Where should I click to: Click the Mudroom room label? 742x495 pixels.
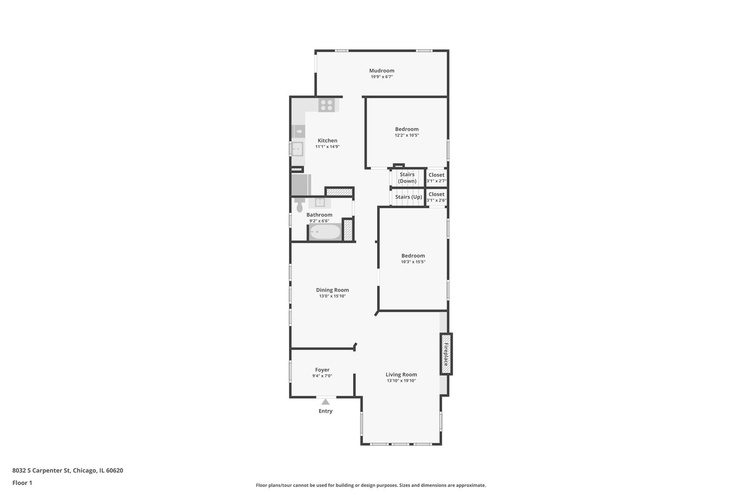click(x=382, y=71)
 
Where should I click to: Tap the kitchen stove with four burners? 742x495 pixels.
click(x=326, y=105)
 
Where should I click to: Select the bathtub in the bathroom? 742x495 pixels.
click(x=325, y=232)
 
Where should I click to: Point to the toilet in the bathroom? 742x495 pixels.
click(x=299, y=206)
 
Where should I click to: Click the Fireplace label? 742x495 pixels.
click(x=446, y=354)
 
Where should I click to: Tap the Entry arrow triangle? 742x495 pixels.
click(x=325, y=402)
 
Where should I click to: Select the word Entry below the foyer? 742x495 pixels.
click(x=325, y=411)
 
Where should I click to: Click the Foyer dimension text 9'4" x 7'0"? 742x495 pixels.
click(x=322, y=376)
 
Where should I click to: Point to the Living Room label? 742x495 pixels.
click(x=401, y=375)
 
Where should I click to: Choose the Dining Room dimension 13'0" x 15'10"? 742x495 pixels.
click(x=332, y=296)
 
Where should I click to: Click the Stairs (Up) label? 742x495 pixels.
click(x=408, y=197)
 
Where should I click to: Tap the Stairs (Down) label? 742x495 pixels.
click(x=407, y=178)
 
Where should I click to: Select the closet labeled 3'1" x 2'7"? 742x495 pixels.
click(x=436, y=178)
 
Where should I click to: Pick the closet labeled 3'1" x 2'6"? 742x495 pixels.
click(x=436, y=197)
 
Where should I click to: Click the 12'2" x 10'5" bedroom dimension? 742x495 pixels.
click(x=407, y=135)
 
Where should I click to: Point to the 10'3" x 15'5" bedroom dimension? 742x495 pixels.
click(x=413, y=262)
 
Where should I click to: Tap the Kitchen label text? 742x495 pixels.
click(x=328, y=141)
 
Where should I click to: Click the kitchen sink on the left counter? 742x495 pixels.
click(x=297, y=149)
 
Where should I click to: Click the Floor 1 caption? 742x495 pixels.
click(x=22, y=483)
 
